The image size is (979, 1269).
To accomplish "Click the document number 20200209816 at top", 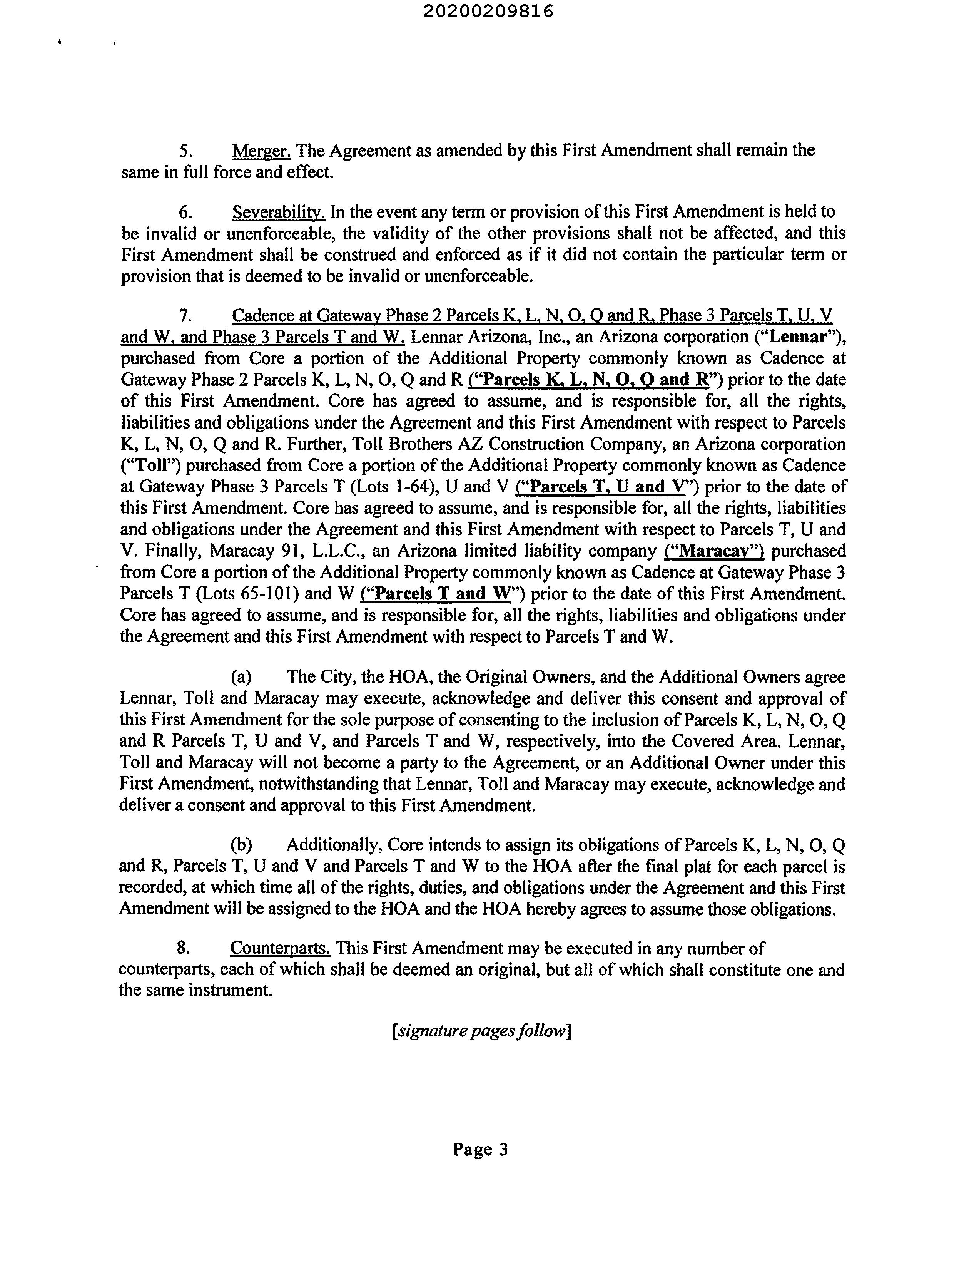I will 488,12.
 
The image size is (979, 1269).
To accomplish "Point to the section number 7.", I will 185,315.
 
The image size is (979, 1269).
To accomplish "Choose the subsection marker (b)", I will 241,845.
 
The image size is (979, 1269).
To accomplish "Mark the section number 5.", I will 185,151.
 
